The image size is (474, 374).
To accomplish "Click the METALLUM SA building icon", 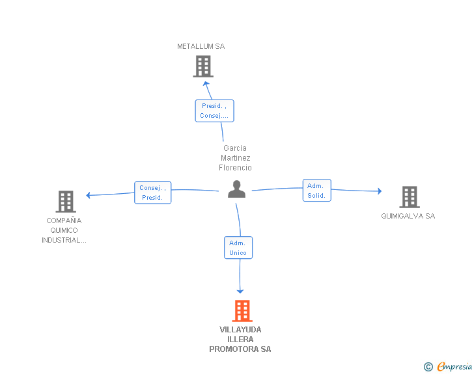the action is click(203, 66).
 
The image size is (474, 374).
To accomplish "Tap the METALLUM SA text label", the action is click(201, 46).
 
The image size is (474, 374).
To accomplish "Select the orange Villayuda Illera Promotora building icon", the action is click(242, 311).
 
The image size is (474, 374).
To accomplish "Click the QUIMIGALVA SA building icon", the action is click(410, 197).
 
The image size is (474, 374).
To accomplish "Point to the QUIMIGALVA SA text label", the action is click(408, 216).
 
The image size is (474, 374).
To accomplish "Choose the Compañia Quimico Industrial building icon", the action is click(66, 202).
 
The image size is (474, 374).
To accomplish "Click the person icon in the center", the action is click(236, 189).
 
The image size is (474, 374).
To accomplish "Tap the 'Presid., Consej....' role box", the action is click(214, 111).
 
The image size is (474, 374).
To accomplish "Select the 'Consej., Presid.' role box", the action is click(152, 193).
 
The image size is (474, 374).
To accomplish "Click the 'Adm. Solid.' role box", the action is click(317, 191).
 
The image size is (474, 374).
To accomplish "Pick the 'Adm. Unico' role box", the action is click(238, 248).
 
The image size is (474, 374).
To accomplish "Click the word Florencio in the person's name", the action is click(235, 168).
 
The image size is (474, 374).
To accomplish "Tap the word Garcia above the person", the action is click(235, 148).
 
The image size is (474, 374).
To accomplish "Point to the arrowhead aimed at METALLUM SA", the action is click(206, 84).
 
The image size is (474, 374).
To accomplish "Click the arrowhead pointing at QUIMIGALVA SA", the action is click(380, 191).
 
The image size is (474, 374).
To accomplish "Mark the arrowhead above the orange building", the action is click(240, 291).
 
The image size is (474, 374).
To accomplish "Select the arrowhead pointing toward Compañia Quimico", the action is click(89, 195).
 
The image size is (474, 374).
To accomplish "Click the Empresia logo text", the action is click(454, 366).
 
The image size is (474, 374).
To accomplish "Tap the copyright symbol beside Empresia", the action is click(428, 367).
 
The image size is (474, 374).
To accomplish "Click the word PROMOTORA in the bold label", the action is click(234, 349).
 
